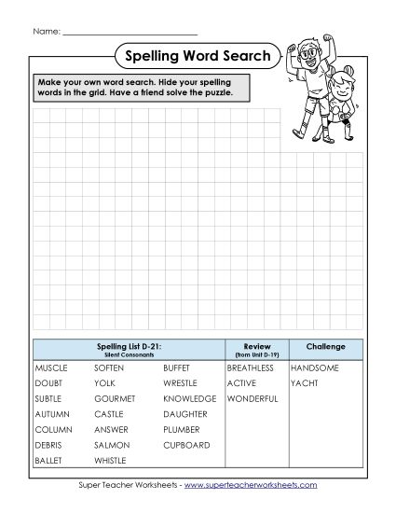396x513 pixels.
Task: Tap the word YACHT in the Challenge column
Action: (x=304, y=383)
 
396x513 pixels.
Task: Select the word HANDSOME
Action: (x=314, y=368)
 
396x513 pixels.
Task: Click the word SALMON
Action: (x=111, y=445)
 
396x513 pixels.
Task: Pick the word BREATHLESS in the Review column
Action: (x=250, y=368)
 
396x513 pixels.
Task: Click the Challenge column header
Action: (x=325, y=347)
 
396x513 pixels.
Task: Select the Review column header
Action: (x=256, y=347)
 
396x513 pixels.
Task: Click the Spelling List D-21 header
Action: (x=129, y=347)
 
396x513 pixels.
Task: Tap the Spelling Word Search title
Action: (x=196, y=56)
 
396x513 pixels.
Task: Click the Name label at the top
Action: (x=47, y=32)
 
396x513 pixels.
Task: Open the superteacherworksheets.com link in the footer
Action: (x=251, y=485)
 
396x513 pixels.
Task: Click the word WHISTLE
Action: (x=111, y=461)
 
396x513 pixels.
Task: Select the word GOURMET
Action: (x=115, y=398)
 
